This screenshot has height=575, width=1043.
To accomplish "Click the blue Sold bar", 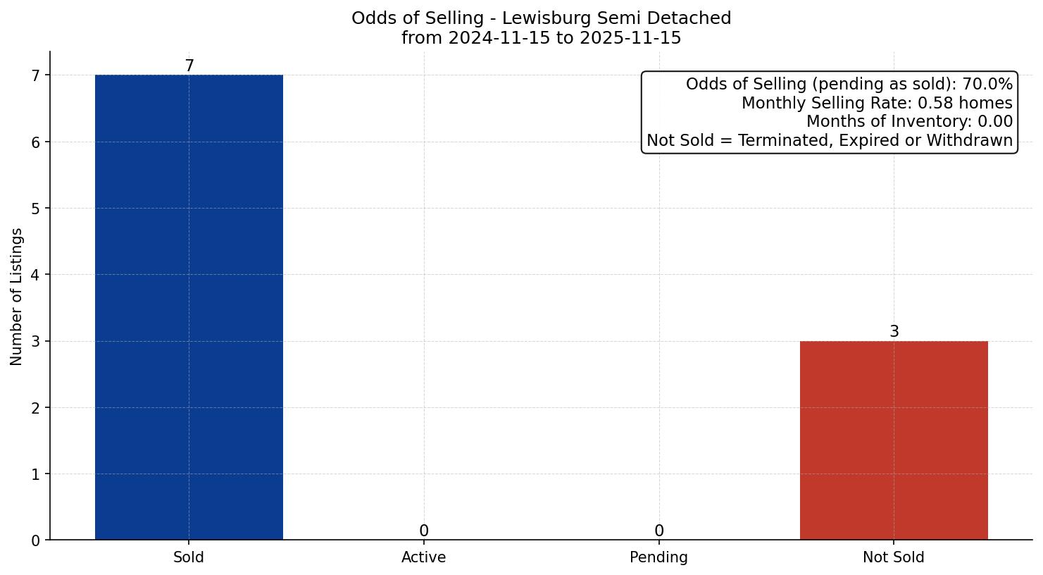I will click(189, 307).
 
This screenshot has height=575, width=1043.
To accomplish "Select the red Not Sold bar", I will click(894, 440).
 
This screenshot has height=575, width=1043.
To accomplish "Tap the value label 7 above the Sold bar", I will click(189, 66).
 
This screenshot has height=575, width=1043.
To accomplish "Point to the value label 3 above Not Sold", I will click(894, 332).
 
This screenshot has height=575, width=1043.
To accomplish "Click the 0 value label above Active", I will click(423, 531).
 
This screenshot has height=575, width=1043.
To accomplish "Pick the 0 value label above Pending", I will click(658, 531).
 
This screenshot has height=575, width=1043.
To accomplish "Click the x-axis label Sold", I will click(189, 557).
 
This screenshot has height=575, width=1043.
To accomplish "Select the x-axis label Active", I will click(423, 557).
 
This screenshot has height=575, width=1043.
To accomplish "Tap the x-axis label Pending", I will click(658, 557).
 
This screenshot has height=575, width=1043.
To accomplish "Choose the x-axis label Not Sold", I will click(894, 557).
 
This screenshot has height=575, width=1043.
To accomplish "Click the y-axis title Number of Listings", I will click(17, 296).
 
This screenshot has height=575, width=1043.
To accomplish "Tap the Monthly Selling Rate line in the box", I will click(877, 104).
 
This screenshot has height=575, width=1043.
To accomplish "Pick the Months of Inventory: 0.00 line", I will click(909, 122).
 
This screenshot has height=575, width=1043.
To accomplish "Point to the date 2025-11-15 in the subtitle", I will click(630, 38).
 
